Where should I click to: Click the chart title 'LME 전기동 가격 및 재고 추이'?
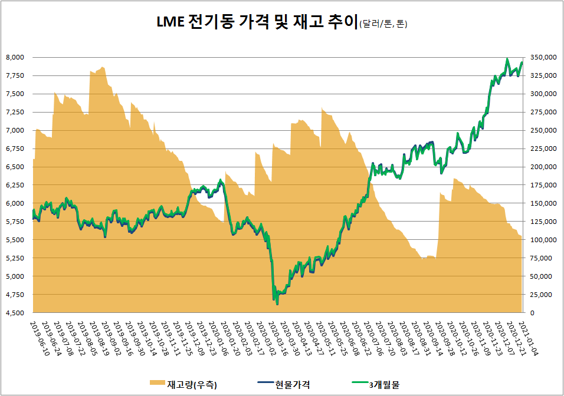click(x=257, y=23)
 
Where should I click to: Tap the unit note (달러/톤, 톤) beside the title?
click(x=383, y=25)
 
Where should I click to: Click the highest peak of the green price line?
click(x=507, y=58)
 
